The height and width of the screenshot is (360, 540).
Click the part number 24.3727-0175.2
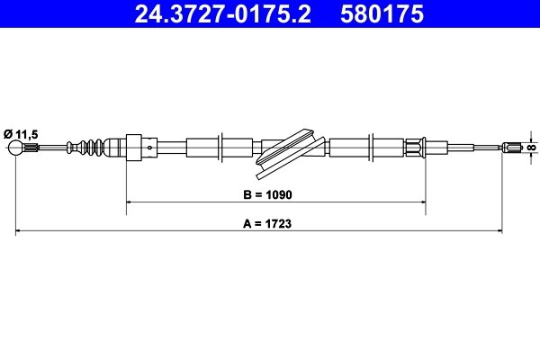click(x=223, y=13)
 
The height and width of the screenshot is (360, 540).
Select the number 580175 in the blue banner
click(x=382, y=13)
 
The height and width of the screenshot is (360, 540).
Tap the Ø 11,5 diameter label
click(x=21, y=134)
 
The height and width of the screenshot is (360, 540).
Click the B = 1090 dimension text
click(x=267, y=194)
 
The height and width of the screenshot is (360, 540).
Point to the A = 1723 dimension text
click(x=267, y=223)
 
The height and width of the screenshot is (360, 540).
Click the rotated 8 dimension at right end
click(x=532, y=148)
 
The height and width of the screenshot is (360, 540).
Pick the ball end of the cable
click(x=15, y=148)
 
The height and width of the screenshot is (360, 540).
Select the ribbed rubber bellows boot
click(x=85, y=148)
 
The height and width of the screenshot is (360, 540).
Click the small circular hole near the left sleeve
click(x=149, y=148)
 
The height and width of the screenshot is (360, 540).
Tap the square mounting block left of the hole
click(x=134, y=148)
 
